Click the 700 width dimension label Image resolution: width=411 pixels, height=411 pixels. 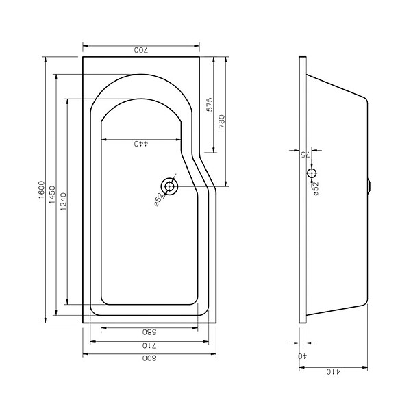pos(141,50)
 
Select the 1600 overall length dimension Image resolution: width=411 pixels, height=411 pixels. pos(42,190)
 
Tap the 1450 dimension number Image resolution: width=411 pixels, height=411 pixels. pos(53,195)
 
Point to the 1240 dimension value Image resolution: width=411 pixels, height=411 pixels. pos(64,202)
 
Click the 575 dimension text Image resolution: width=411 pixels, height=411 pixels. pos(210,105)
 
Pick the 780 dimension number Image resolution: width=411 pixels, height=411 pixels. pos(222,121)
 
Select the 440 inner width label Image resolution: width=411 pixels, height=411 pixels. pos(141,144)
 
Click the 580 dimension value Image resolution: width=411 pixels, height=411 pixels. pos(149,332)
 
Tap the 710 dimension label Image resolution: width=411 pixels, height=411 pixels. pos(149,346)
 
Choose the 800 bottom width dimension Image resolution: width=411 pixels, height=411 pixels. pos(149,358)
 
